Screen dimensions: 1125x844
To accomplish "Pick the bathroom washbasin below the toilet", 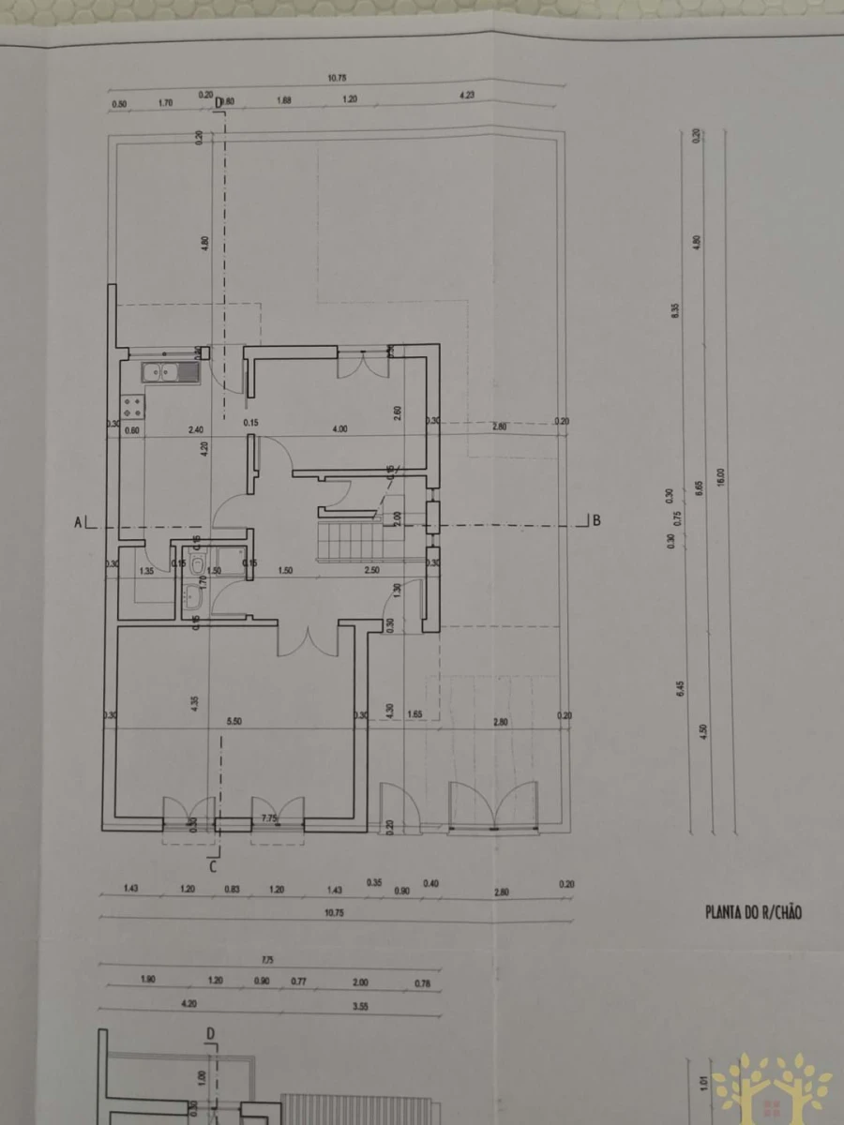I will click(x=195, y=593).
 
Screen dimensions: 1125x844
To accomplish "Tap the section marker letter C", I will click(x=214, y=866).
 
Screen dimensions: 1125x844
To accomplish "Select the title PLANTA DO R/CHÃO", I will click(x=753, y=911).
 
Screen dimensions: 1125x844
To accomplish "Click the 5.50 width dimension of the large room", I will click(x=235, y=721).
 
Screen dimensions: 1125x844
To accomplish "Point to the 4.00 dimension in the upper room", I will click(x=339, y=428).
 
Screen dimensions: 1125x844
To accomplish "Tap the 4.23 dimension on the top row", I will click(x=466, y=95).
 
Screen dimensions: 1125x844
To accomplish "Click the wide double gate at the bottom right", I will click(x=493, y=806).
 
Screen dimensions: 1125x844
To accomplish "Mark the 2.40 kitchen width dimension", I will click(x=196, y=429).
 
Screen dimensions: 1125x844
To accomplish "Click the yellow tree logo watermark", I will click(x=771, y=1087).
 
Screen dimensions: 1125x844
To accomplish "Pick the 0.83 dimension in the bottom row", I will click(x=232, y=889).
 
